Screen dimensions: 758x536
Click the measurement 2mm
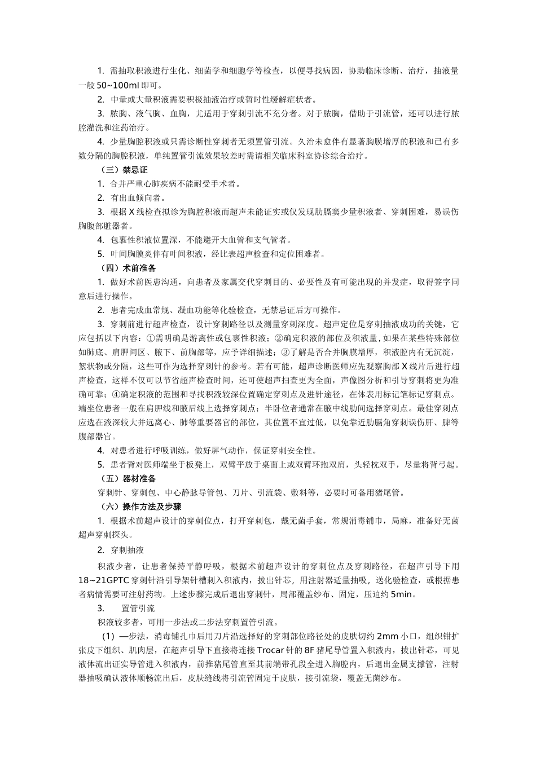coord(388,635)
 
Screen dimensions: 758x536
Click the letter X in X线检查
coord(131,212)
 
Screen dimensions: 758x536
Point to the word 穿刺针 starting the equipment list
coord(109,493)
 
